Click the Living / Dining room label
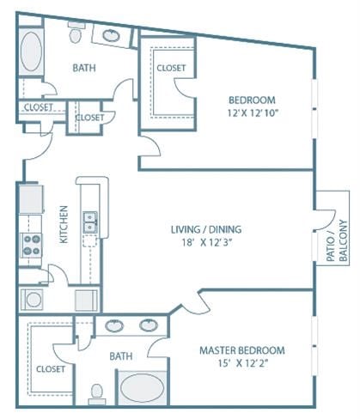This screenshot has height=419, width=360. click(x=206, y=229)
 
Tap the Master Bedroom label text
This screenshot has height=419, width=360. click(x=242, y=350)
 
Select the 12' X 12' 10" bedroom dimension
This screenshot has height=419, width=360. click(x=253, y=113)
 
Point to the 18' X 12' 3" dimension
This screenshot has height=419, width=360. click(x=207, y=243)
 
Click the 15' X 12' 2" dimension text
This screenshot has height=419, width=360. click(x=243, y=363)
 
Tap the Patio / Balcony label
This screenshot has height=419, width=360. click(x=337, y=240)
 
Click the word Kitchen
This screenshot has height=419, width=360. click(x=64, y=225)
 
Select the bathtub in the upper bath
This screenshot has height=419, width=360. click(x=31, y=52)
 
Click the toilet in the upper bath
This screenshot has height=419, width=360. click(x=76, y=32)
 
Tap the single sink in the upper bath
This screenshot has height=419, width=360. click(x=111, y=35)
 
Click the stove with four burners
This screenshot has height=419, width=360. click(x=31, y=246)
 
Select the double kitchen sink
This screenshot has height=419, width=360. click(x=90, y=222)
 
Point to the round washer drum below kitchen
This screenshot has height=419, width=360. click(x=34, y=300)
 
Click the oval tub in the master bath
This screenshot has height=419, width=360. click(x=143, y=388)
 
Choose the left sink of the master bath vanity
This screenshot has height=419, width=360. click(x=114, y=326)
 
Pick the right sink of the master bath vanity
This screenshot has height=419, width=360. click(x=149, y=325)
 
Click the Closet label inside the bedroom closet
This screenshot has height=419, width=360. click(x=171, y=68)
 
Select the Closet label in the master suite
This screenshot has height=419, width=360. click(x=51, y=369)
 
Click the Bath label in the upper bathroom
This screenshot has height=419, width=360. click(x=84, y=68)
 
